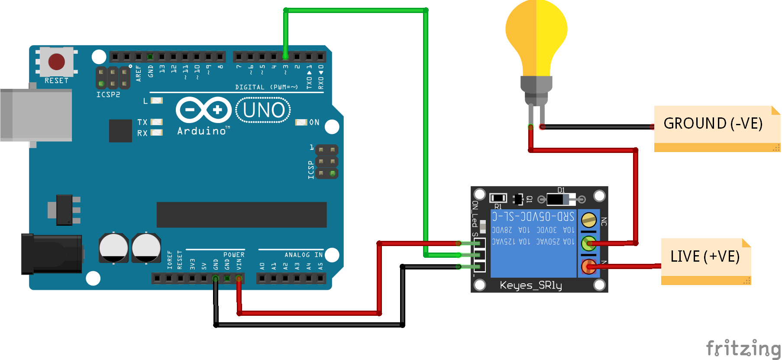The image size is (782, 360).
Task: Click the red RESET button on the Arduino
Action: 56,62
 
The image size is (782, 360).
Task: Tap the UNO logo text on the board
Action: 263,110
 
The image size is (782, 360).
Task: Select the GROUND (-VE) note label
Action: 713,124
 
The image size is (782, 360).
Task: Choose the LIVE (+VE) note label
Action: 704,256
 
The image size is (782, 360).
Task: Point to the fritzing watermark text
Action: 743,348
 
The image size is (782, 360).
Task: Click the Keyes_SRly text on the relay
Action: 530,285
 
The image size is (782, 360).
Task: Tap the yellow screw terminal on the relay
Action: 588,220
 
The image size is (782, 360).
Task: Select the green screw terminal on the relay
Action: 588,243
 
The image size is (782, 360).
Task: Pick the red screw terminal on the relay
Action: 588,266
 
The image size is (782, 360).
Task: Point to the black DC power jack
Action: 52,254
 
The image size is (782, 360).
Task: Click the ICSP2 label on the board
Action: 108,94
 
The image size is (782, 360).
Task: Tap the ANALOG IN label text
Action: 303,255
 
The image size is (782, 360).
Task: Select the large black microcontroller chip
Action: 241,214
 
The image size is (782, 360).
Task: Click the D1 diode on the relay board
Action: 561,199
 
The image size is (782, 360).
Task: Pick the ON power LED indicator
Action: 301,122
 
